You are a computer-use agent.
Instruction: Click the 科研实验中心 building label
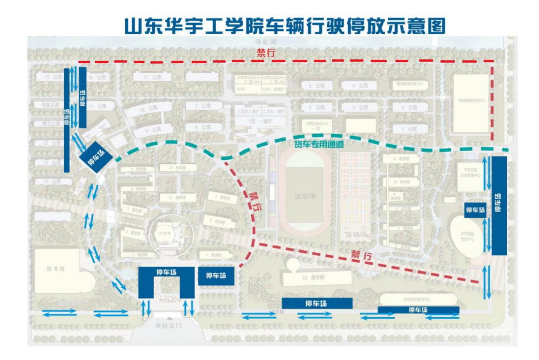[x=417, y=299]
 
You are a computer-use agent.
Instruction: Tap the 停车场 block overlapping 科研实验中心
[x=418, y=310]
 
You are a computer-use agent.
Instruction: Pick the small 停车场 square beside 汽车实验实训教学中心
[x=475, y=210]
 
